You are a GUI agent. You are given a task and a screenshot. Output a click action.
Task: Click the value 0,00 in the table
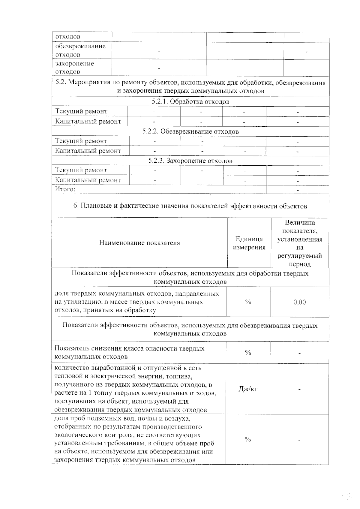coord(299,302)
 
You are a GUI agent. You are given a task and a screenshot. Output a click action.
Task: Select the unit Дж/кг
coord(248,389)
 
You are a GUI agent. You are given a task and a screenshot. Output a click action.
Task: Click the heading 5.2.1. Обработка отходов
coord(190,102)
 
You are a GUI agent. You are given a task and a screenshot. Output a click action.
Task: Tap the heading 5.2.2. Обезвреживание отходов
coord(190,131)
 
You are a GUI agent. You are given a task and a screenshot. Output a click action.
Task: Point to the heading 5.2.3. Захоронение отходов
coord(190,161)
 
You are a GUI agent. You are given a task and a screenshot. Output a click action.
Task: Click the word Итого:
coord(65,189)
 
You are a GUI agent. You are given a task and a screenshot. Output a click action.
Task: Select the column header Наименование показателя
coord(139,243)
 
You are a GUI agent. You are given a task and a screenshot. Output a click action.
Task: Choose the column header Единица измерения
coord(249,243)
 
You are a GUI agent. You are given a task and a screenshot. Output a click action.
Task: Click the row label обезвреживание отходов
coord(80,50)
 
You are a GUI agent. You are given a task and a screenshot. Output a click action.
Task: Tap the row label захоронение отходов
coord(75,68)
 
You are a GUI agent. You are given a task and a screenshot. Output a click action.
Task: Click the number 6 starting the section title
coord(75,206)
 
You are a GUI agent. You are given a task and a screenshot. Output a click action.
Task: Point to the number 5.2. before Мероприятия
coord(61,83)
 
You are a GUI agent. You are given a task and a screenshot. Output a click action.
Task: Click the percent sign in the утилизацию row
coord(248,302)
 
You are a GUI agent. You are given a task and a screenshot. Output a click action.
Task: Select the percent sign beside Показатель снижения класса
coord(248,353)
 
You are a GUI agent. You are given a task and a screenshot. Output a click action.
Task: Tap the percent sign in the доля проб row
coord(248,439)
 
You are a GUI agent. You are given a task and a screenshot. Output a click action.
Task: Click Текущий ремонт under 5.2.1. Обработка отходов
coord(81,111)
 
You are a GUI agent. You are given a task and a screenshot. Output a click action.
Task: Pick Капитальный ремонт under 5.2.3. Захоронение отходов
coord(88,180)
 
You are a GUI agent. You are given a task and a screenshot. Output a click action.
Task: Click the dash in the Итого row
coord(298,190)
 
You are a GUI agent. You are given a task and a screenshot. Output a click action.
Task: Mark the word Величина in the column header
coord(300,223)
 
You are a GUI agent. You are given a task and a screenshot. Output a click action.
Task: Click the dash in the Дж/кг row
coord(299,390)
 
